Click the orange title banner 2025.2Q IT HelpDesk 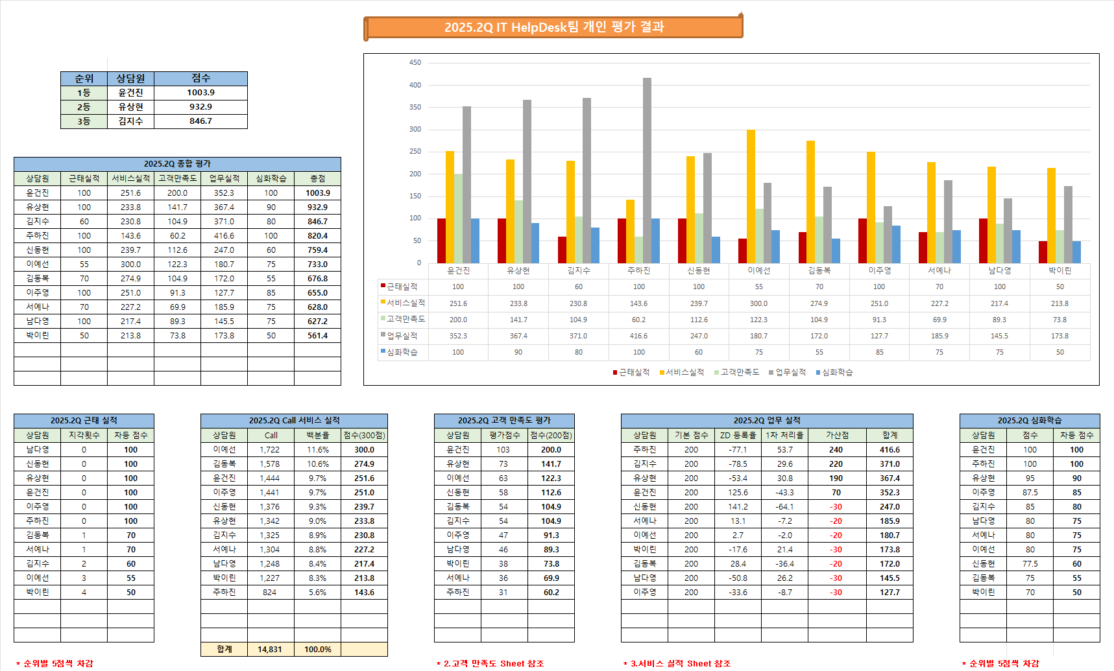coord(553,27)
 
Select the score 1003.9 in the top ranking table coord(200,93)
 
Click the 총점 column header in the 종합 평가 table coord(317,178)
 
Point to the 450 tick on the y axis coord(415,63)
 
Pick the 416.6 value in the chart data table coord(638,336)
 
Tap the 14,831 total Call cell coord(270,649)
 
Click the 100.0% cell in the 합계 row coord(317,649)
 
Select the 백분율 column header coord(317,435)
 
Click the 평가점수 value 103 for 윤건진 coord(503,449)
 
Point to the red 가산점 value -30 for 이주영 coord(836,592)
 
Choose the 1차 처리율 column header coord(784,435)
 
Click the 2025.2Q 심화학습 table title coord(1030,421)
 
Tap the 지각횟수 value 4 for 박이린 coord(84,592)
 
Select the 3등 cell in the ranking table coord(84,121)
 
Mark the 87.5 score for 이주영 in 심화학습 coord(1030,492)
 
